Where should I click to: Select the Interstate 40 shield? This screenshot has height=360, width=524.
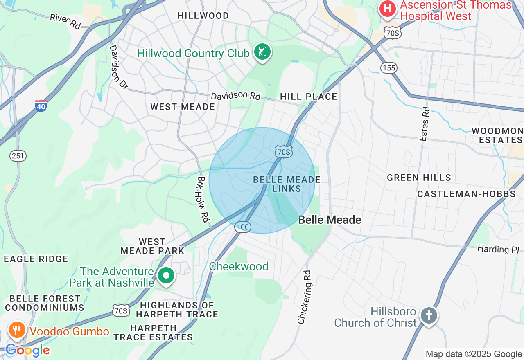(41, 106)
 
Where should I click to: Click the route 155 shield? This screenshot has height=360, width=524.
(388, 67)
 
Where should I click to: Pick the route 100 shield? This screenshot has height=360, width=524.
(243, 227)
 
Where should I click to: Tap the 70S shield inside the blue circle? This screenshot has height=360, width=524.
(283, 152)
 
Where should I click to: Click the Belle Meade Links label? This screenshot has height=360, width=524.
(287, 184)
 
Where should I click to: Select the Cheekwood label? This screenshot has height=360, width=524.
(239, 266)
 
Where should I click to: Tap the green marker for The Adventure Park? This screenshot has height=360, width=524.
(166, 276)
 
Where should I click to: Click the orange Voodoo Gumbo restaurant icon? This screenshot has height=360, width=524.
(17, 330)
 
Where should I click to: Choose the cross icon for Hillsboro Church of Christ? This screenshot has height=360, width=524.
(429, 315)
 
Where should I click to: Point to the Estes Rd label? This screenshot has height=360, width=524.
(425, 124)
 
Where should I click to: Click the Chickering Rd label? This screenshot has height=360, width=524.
(304, 297)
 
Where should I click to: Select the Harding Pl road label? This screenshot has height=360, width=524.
(498, 249)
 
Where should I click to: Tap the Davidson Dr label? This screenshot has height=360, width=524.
(118, 67)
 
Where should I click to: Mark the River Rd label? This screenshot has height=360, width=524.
(65, 21)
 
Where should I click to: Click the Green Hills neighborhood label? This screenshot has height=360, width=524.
(419, 178)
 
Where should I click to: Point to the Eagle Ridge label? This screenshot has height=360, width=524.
(36, 259)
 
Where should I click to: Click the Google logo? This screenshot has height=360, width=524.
(27, 350)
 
